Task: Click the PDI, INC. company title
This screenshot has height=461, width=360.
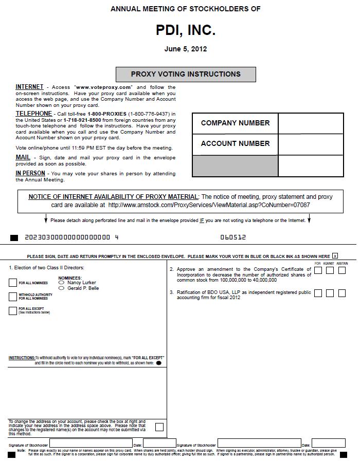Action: click(x=186, y=31)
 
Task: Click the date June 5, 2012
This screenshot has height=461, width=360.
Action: click(x=186, y=49)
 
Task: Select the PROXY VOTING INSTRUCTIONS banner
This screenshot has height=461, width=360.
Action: click(x=186, y=74)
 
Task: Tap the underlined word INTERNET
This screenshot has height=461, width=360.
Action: click(x=29, y=87)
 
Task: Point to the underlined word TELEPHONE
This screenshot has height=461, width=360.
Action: click(x=33, y=114)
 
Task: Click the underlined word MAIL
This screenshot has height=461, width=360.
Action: click(x=23, y=157)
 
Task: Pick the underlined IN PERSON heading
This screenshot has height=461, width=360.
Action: click(x=30, y=173)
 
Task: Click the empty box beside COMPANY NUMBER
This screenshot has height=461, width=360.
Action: click(x=311, y=123)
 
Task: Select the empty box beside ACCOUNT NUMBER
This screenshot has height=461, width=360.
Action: click(x=311, y=144)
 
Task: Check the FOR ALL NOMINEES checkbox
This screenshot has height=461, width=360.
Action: click(x=13, y=283)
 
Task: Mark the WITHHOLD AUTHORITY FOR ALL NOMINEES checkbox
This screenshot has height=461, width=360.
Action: click(x=13, y=297)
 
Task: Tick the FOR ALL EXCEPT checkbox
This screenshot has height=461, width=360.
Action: click(x=13, y=310)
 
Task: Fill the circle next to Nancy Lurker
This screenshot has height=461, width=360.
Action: click(x=62, y=283)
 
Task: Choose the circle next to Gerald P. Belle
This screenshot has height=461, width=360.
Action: click(x=62, y=288)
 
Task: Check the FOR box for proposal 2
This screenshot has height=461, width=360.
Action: click(x=318, y=271)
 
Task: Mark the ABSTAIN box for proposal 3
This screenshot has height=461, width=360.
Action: click(x=342, y=293)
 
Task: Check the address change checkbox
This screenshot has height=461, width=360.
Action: click(x=159, y=427)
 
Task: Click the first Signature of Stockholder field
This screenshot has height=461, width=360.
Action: click(x=91, y=443)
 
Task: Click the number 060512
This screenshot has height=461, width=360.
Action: click(x=233, y=237)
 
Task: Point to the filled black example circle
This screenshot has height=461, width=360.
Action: click(x=158, y=363)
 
